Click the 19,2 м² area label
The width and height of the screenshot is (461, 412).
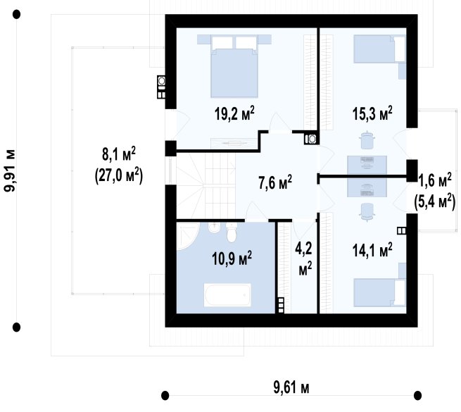click(234, 113)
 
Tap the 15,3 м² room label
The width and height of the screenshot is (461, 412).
click(372, 113)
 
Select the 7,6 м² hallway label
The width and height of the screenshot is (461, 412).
click(275, 182)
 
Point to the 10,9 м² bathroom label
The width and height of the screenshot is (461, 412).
click(232, 258)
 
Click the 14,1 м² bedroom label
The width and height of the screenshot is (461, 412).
click(372, 250)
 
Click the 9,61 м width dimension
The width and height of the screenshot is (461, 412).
click(291, 387)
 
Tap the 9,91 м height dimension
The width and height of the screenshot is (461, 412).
click(9, 170)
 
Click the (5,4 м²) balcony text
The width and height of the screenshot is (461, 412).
click(434, 202)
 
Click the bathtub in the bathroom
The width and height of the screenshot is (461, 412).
click(227, 295)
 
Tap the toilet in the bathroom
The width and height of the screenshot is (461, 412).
click(232, 232)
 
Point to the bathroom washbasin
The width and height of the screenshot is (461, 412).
click(214, 227)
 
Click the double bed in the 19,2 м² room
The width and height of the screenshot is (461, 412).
click(234, 66)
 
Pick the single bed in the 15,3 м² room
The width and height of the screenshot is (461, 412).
click(379, 49)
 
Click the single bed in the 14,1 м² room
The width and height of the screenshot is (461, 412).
click(379, 293)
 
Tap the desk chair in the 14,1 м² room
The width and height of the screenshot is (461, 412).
click(367, 211)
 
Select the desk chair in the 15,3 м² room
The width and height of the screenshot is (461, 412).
click(367, 140)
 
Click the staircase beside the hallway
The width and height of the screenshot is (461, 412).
click(206, 187)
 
